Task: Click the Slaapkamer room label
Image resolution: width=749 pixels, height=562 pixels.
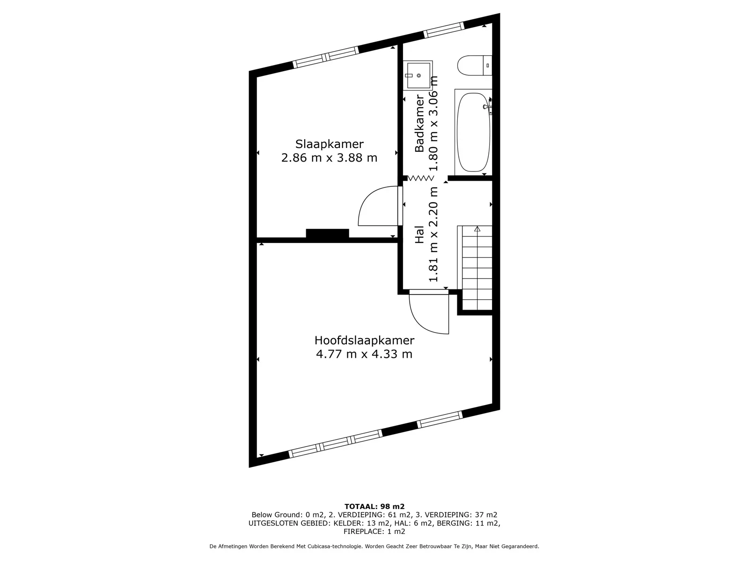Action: point(329,144)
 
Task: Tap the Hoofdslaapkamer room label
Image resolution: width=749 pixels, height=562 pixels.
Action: point(364,340)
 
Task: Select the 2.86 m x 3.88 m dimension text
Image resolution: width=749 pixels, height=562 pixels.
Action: point(329,158)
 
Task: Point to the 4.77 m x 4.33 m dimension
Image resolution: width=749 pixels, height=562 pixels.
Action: point(364,354)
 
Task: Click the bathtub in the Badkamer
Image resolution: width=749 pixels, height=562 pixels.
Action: point(473,132)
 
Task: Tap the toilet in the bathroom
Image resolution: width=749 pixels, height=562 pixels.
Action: point(475,66)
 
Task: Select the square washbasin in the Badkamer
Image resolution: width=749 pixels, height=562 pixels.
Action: point(418,75)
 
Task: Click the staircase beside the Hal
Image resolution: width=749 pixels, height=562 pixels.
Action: point(475,268)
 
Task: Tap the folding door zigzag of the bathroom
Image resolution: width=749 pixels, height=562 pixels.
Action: point(421,178)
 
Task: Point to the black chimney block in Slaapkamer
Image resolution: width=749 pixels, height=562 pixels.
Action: point(327,233)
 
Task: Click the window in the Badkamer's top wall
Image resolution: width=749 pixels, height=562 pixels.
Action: point(444,30)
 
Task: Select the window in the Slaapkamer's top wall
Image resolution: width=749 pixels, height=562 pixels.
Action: point(326,57)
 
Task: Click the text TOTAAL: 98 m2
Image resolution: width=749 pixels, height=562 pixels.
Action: point(374,507)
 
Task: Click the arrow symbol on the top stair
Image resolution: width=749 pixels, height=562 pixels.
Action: point(477,229)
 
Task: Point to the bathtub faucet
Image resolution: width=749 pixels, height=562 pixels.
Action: point(488,106)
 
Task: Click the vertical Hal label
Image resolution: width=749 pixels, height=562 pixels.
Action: point(419,235)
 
